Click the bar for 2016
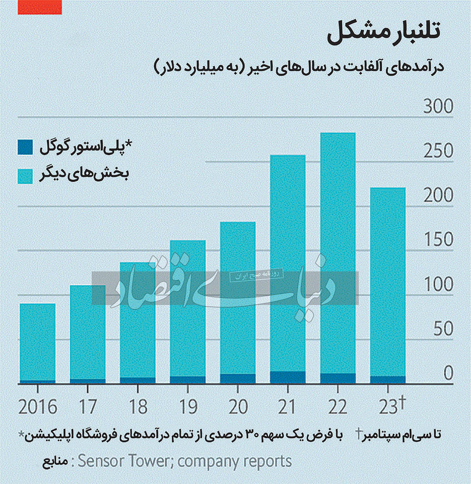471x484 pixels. click(x=37, y=343)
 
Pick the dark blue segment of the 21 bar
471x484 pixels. click(x=288, y=377)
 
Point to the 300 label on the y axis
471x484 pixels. click(x=438, y=107)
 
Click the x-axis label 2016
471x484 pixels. click(x=38, y=407)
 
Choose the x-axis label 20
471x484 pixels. click(x=238, y=407)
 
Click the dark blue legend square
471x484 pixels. click(x=25, y=147)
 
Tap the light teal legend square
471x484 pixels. click(x=25, y=176)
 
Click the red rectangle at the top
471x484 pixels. click(x=40, y=7)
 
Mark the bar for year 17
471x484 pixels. click(x=88, y=333)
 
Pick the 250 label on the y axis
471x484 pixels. click(x=438, y=151)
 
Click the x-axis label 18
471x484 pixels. click(x=138, y=407)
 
